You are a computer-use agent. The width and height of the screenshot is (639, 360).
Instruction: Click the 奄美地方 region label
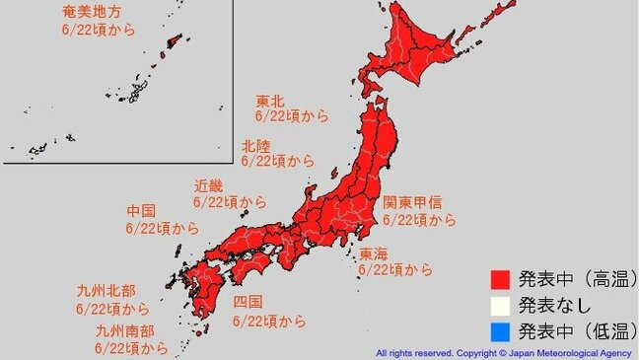[92, 11]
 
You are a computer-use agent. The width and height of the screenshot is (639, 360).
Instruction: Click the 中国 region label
[141, 211]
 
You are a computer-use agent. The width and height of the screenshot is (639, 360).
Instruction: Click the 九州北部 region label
[105, 291]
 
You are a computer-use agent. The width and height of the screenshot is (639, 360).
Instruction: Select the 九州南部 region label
[123, 330]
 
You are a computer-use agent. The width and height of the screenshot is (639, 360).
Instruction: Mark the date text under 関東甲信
[419, 219]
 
